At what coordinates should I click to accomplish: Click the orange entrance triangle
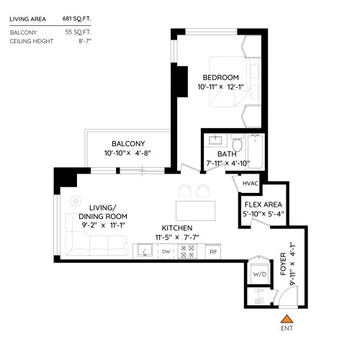tap(287, 319)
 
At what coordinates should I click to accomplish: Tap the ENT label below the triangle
tap(287, 328)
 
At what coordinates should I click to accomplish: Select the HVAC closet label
tap(251, 184)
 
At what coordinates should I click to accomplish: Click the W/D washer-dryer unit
tap(260, 274)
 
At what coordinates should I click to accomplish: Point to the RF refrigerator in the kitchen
tap(213, 252)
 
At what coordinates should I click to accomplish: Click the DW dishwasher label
tap(166, 251)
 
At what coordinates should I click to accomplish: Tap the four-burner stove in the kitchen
tap(187, 251)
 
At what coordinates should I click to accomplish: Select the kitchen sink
tap(145, 251)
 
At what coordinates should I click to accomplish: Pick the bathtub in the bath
tap(256, 151)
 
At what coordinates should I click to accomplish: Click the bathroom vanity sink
tap(215, 140)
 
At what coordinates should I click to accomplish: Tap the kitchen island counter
tap(195, 211)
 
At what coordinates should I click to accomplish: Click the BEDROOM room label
tap(220, 78)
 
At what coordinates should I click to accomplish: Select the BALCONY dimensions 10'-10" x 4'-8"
tap(127, 153)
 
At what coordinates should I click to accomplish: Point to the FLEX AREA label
tap(264, 204)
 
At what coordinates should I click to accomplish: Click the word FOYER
tap(283, 264)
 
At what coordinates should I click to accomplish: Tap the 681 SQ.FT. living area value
tap(76, 19)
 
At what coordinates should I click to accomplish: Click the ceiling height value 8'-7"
tap(85, 41)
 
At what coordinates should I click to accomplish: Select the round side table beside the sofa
tap(76, 201)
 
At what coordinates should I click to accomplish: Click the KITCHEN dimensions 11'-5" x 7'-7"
tap(177, 238)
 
